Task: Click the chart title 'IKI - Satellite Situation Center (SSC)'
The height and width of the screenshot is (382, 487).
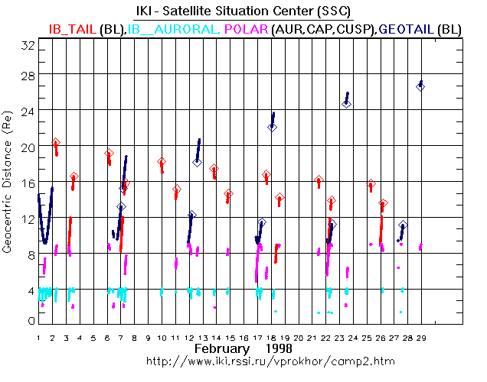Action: pos(243,10)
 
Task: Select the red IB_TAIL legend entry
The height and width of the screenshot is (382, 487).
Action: pos(73,28)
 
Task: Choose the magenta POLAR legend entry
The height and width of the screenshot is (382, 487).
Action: pos(245,28)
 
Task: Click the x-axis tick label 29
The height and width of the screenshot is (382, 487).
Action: pos(420,336)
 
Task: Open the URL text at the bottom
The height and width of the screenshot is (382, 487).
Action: pos(243,360)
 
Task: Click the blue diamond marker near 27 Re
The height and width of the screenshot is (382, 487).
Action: pos(420,86)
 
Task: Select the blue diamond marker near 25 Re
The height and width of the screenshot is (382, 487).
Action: pos(346,102)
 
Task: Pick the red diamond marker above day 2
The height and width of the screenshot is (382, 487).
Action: pos(56,143)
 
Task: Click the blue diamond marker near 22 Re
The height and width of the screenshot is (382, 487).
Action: pos(272,127)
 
